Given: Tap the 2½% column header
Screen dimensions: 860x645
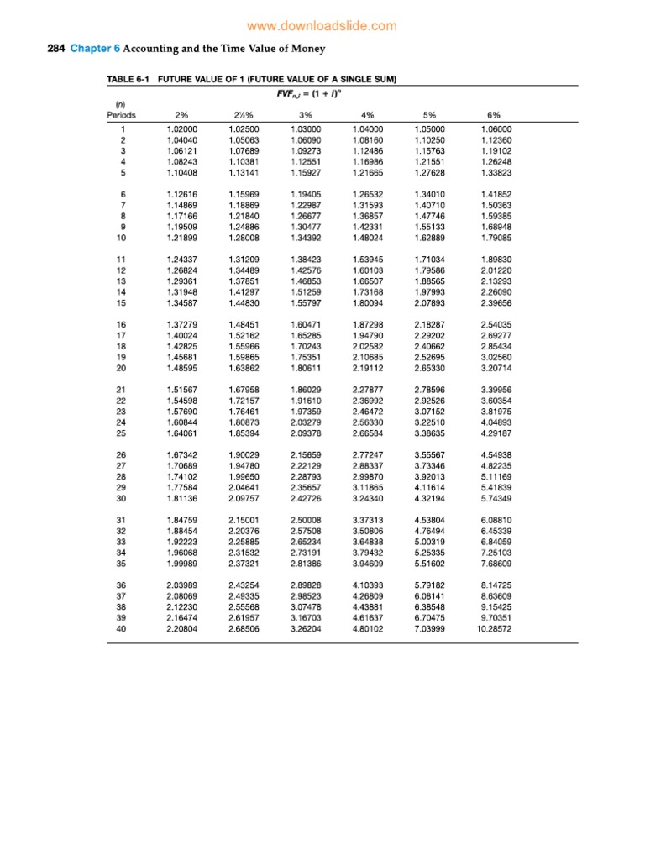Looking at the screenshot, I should tap(243, 114).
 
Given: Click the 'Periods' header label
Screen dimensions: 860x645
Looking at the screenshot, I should tap(122, 114).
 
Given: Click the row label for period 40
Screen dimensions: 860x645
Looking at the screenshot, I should tap(123, 629).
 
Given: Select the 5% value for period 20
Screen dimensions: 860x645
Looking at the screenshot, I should tap(430, 366).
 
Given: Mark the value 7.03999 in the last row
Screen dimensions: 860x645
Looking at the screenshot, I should tap(430, 629).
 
